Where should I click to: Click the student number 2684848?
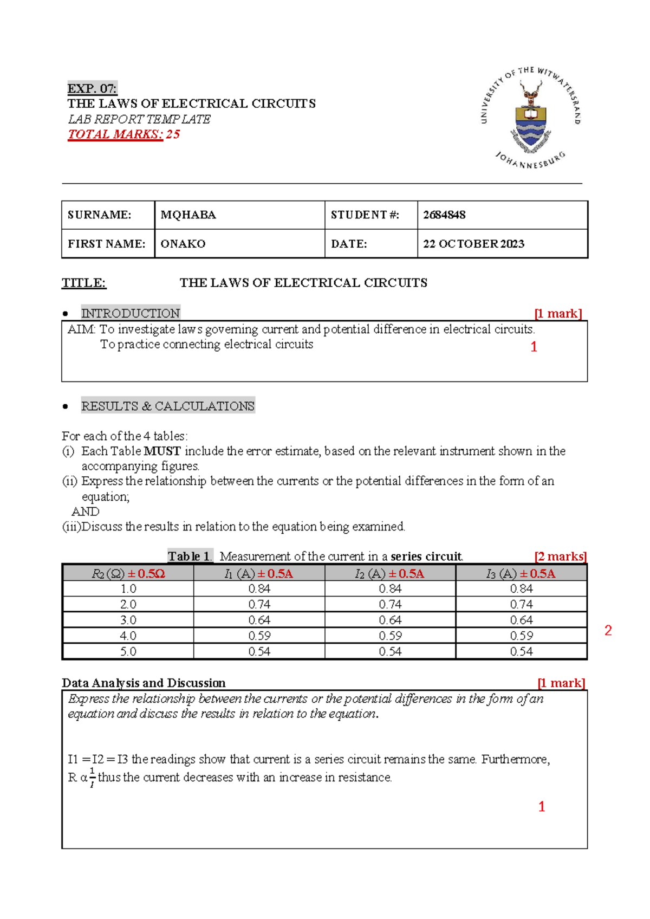[x=444, y=215]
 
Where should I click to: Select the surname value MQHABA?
[x=188, y=215]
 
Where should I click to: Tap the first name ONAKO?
[x=183, y=244]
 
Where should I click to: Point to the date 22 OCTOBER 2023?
[x=473, y=244]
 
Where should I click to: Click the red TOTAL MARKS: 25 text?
[x=123, y=134]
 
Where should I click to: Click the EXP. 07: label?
[x=92, y=88]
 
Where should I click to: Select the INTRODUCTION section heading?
[x=131, y=313]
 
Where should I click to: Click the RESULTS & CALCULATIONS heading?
[x=168, y=406]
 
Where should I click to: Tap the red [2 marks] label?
[x=560, y=556]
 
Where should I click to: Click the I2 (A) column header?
[x=390, y=573]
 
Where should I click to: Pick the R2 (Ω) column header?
[x=128, y=573]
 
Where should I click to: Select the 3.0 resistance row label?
[x=128, y=620]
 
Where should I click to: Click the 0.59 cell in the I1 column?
[x=259, y=636]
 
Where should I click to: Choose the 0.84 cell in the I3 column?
[x=521, y=588]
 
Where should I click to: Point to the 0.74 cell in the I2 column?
[x=390, y=604]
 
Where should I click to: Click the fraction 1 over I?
[x=92, y=777]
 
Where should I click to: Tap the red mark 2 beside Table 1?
[x=608, y=630]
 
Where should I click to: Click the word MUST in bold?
[x=162, y=451]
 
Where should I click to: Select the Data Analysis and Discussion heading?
[x=144, y=683]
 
